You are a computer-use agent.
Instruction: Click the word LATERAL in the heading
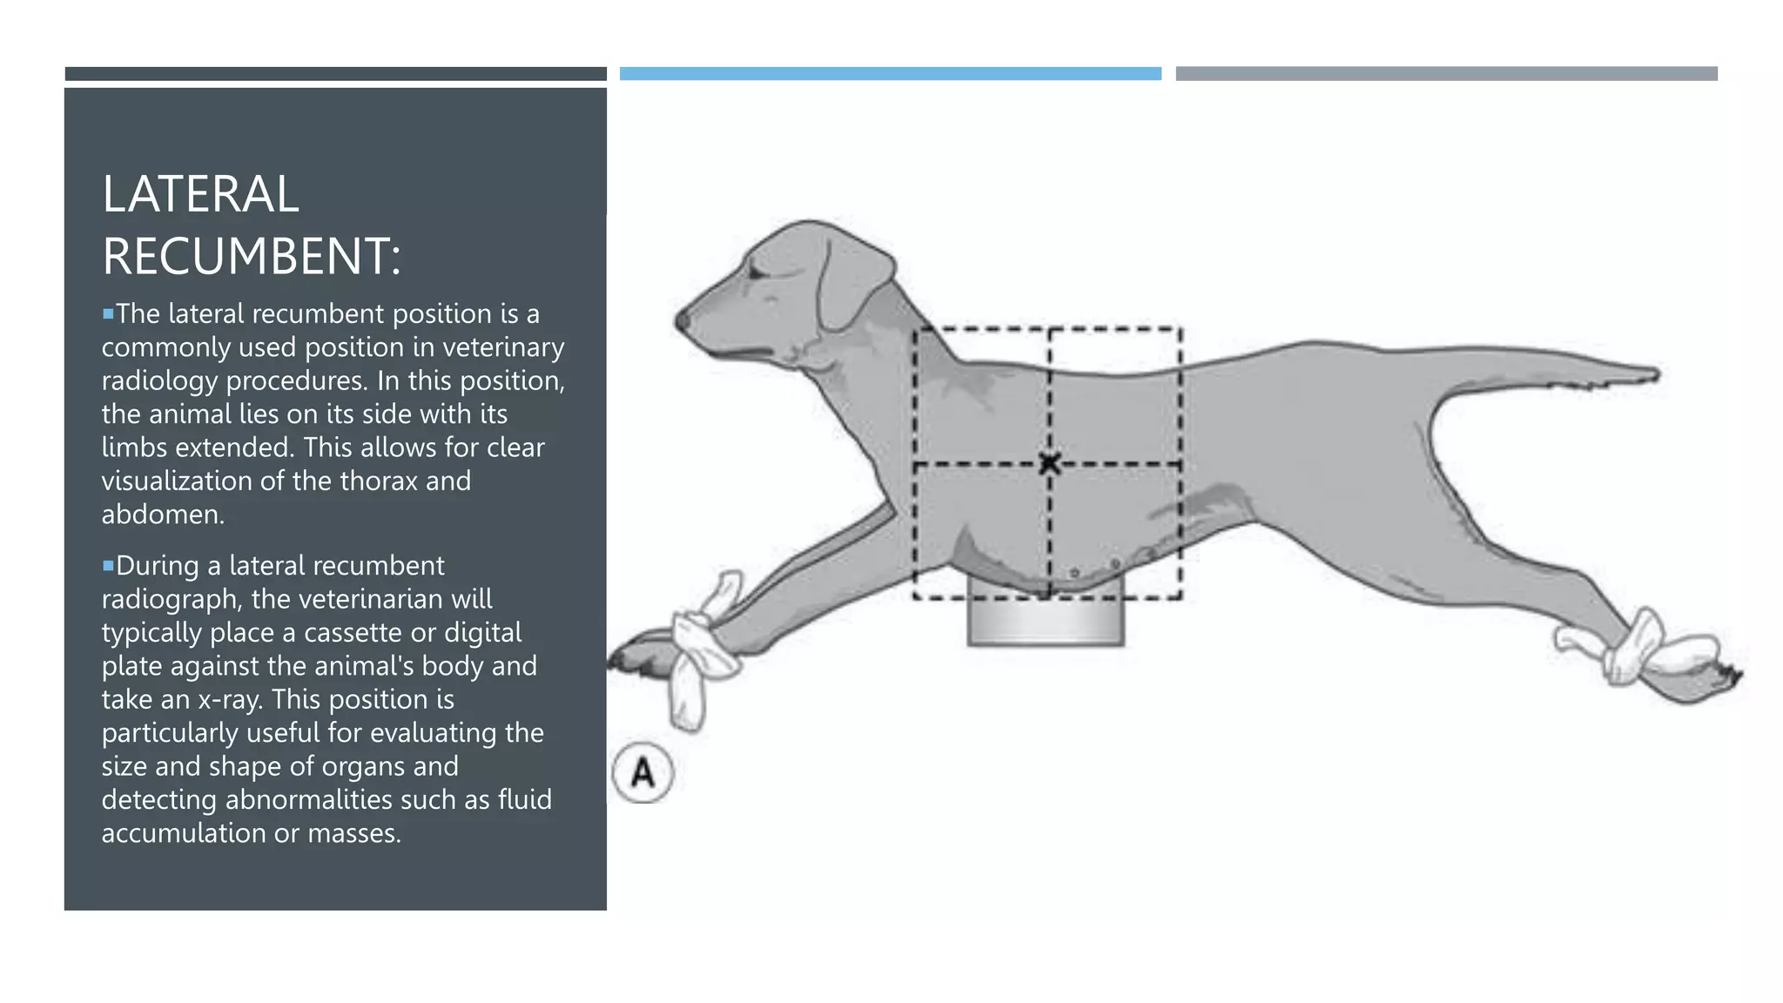pyautogui.click(x=200, y=194)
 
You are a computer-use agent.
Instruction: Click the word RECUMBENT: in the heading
pyautogui.click(x=252, y=257)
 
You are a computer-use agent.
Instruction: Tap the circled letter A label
pyautogui.click(x=643, y=773)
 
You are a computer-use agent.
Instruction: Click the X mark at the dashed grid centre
pyautogui.click(x=1049, y=463)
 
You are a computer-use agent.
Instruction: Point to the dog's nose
pyautogui.click(x=683, y=320)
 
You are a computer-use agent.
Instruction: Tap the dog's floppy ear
pyautogui.click(x=850, y=279)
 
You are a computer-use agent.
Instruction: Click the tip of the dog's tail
pyautogui.click(x=1652, y=375)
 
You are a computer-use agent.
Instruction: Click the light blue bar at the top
pyautogui.click(x=890, y=74)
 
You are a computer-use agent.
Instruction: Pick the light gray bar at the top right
pyautogui.click(x=1446, y=74)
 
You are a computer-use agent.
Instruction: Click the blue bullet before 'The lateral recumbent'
pyautogui.click(x=108, y=313)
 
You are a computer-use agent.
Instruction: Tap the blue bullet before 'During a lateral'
pyautogui.click(x=108, y=566)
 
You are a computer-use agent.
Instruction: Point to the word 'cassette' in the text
pyautogui.click(x=352, y=633)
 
